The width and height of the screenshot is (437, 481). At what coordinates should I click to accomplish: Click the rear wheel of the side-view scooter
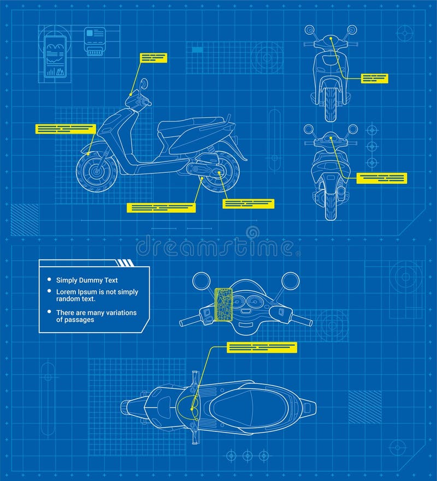point(220,172)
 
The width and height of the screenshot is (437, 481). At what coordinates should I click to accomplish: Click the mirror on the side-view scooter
point(144,84)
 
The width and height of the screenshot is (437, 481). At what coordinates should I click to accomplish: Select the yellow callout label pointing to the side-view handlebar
point(153,58)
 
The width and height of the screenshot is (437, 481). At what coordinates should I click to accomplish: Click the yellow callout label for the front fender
point(66,129)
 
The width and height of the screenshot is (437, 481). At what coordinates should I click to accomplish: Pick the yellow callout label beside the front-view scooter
point(375,79)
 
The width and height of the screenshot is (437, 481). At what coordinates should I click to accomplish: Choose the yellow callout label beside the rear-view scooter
point(381,178)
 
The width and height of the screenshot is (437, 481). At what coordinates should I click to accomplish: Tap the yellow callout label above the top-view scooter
point(262,347)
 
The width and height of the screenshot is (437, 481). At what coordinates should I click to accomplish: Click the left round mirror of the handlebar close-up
point(202,281)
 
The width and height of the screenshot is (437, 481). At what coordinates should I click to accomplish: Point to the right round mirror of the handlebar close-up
point(290,281)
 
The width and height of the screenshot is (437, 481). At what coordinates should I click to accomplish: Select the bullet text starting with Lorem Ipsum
point(97,295)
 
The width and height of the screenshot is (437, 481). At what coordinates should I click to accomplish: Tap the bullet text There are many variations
point(96,316)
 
